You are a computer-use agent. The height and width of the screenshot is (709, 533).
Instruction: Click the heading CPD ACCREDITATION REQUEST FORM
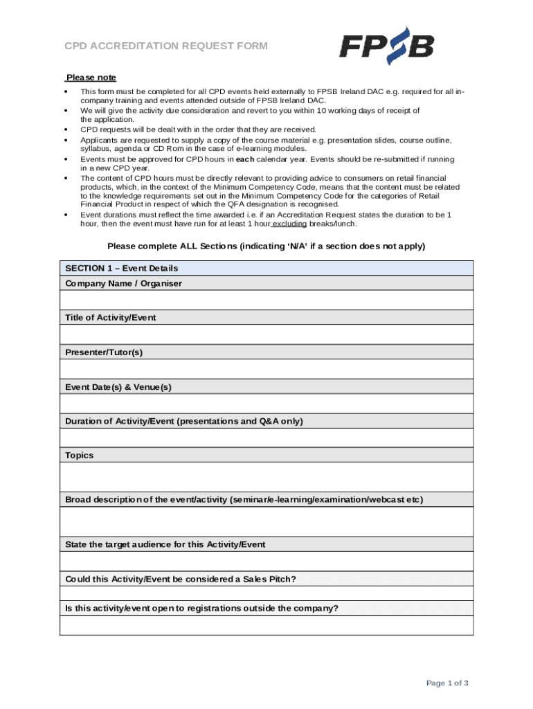tap(166, 46)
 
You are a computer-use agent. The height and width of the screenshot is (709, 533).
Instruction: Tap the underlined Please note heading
tap(91, 78)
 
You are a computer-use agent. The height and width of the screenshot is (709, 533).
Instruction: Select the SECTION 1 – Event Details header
tap(121, 268)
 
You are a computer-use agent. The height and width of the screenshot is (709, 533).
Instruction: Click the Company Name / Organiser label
tap(123, 283)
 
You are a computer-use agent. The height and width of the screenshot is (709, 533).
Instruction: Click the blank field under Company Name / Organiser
tap(266, 300)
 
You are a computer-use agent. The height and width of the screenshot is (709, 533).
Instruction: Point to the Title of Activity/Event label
tap(111, 318)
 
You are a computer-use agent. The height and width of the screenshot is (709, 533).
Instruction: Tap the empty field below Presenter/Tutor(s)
tap(266, 369)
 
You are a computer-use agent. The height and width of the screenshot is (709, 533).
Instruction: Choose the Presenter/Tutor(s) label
tap(104, 352)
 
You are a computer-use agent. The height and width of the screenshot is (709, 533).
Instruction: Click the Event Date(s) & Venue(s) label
tap(118, 387)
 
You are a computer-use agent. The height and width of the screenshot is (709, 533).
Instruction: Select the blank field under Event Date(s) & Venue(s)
tap(266, 404)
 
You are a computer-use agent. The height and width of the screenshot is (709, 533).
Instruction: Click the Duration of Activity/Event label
tap(183, 421)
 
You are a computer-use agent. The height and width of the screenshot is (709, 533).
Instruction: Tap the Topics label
tap(79, 456)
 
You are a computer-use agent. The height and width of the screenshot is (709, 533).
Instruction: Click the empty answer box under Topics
tap(266, 477)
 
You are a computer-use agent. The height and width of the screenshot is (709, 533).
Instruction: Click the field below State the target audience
tap(266, 561)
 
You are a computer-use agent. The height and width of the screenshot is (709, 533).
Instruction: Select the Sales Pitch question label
tap(180, 579)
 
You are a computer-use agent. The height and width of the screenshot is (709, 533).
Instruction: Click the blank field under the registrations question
tap(266, 625)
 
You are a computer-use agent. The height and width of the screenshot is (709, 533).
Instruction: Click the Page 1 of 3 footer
tap(447, 683)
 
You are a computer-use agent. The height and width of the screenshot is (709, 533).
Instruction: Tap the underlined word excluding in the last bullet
tap(289, 224)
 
